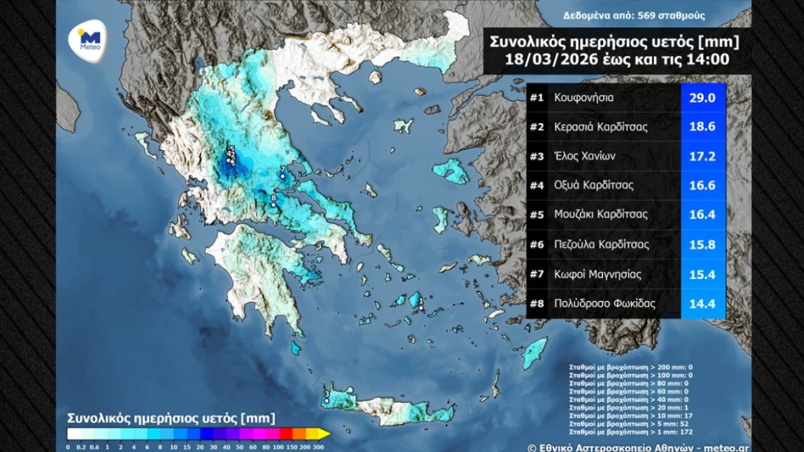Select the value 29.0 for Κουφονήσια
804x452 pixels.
tap(702, 98)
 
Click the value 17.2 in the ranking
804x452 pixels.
tap(702, 156)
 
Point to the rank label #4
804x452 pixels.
tap(537, 186)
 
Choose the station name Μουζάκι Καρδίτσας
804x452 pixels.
tap(600, 215)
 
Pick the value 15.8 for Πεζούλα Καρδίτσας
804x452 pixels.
tap(702, 244)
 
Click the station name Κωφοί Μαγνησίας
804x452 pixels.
tap(596, 274)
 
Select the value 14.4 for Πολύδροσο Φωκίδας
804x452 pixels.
tap(702, 303)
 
